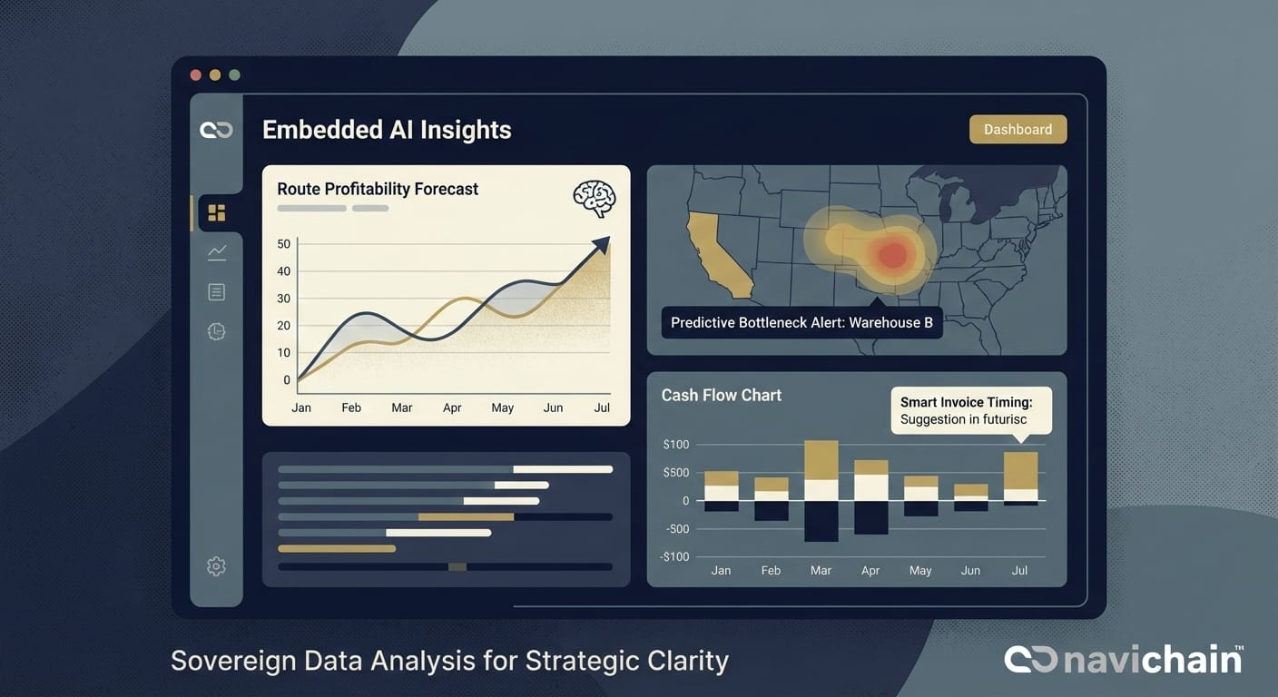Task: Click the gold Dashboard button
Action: (1017, 129)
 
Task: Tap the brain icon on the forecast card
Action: (595, 199)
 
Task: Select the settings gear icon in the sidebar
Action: (216, 566)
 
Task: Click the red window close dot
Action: (195, 75)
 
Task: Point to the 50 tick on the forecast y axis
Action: (284, 244)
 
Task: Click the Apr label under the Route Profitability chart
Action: (452, 407)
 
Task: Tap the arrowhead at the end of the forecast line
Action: (601, 244)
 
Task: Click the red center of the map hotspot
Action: (893, 254)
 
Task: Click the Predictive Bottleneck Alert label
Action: (801, 322)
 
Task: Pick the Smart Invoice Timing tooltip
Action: (971, 410)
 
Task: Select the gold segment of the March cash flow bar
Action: (821, 460)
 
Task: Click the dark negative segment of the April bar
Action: (870, 517)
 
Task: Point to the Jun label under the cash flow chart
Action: (970, 570)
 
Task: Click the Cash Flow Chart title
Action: (721, 395)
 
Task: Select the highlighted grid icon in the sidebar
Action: (216, 212)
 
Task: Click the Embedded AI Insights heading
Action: (387, 130)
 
